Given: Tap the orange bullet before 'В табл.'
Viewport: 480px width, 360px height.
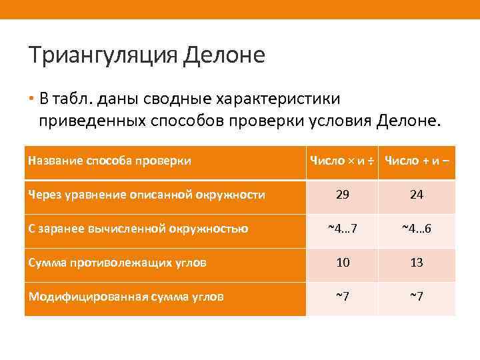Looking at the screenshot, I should (x=31, y=100).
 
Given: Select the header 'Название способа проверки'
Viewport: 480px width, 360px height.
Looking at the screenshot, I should (x=110, y=160).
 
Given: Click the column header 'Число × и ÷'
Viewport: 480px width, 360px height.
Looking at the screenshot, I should (x=341, y=160).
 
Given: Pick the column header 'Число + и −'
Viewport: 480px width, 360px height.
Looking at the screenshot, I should (x=417, y=160).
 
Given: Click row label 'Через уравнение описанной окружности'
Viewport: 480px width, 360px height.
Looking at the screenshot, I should (x=147, y=195).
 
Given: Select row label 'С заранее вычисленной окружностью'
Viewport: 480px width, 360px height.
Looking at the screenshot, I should (x=138, y=229).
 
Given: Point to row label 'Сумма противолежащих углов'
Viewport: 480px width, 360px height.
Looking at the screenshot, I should (x=117, y=263).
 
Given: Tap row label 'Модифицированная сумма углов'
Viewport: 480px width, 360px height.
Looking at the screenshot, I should (x=125, y=297).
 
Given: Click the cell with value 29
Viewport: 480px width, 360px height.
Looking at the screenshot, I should (x=343, y=195).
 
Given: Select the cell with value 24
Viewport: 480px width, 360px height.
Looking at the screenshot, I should (x=417, y=195).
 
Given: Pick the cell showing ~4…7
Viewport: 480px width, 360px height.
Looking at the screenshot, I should (x=343, y=229).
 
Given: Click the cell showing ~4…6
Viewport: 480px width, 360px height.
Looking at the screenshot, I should (x=417, y=229).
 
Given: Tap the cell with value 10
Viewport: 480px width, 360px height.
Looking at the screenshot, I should (x=343, y=263).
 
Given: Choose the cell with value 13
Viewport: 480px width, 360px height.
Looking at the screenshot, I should (x=417, y=263).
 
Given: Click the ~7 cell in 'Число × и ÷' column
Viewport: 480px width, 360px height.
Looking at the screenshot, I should (x=343, y=297).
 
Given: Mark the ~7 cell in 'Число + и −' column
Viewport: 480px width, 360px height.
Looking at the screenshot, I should (x=417, y=297).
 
